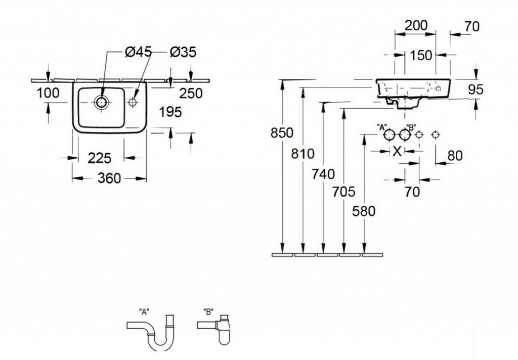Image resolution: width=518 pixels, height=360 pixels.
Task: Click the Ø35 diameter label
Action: [183, 52]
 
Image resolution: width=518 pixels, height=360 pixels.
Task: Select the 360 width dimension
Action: [110, 178]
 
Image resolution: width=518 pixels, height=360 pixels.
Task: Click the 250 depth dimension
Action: [190, 94]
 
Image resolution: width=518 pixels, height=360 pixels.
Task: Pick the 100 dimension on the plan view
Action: [48, 93]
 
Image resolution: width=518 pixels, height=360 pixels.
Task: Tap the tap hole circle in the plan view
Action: [133, 102]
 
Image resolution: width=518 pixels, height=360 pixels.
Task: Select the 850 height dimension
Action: [282, 133]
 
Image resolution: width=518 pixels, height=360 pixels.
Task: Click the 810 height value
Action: [303, 154]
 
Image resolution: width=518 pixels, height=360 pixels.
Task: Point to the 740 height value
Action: [324, 174]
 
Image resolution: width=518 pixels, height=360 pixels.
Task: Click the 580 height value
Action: [364, 211]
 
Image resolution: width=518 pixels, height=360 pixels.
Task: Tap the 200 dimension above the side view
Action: [416, 25]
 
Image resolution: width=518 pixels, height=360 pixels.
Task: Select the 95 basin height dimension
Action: [476, 89]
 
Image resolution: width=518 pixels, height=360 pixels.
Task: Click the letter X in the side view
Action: [398, 151]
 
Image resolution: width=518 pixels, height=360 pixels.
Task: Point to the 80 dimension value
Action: [455, 156]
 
